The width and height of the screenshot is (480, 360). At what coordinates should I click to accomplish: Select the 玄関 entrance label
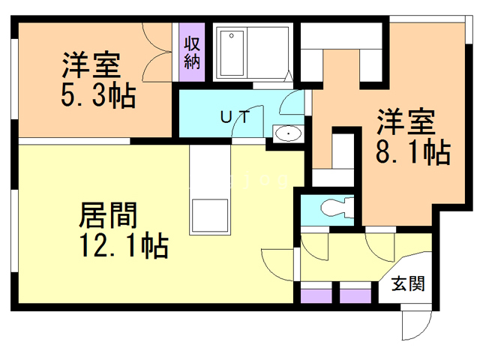(x=408, y=284)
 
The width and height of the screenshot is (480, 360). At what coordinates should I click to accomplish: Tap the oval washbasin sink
(x=287, y=134)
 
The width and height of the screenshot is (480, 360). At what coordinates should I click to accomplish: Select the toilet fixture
(x=335, y=205)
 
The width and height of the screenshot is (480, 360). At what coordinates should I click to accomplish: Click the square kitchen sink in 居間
(x=211, y=217)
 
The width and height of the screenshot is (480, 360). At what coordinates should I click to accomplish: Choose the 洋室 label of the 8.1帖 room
(x=406, y=121)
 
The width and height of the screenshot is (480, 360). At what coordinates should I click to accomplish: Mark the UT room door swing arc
(x=244, y=124)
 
